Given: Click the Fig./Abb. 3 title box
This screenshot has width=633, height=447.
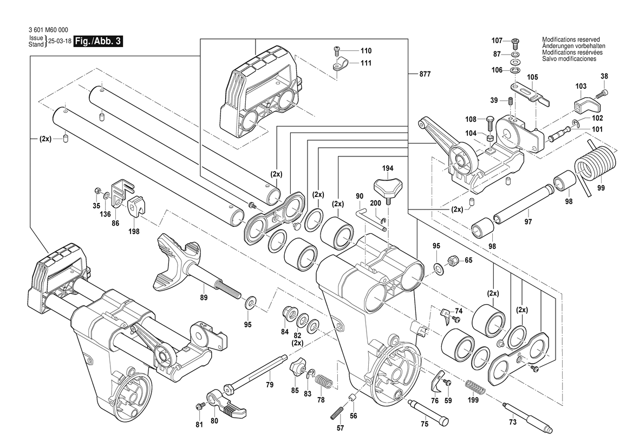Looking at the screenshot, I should pyautogui.click(x=97, y=42).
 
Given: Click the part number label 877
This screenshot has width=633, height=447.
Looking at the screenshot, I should pyautogui.click(x=425, y=74).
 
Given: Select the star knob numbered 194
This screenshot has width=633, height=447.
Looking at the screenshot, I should pyautogui.click(x=388, y=187).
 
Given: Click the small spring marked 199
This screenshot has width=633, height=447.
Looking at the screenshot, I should pyautogui.click(x=474, y=389).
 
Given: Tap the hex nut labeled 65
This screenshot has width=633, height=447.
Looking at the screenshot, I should pyautogui.click(x=454, y=261).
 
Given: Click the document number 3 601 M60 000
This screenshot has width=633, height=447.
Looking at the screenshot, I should pyautogui.click(x=48, y=31).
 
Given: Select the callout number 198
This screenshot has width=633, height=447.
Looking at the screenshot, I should pyautogui.click(x=134, y=231).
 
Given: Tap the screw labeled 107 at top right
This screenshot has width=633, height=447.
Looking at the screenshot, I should pyautogui.click(x=515, y=41).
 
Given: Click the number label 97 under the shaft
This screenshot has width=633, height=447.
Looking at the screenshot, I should pyautogui.click(x=527, y=222).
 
